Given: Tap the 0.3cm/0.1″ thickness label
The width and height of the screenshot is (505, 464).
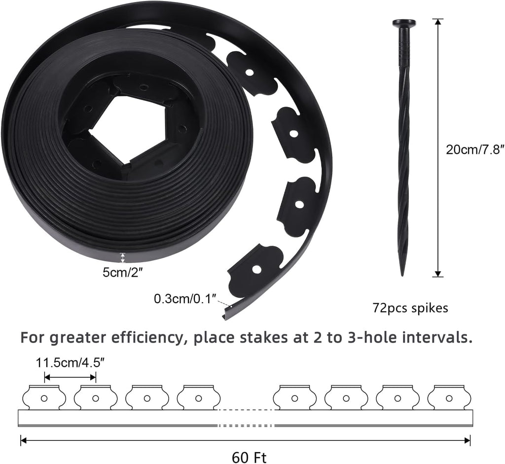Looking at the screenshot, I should click(x=185, y=299).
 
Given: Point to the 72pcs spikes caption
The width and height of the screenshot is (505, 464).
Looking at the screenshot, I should click(x=410, y=308).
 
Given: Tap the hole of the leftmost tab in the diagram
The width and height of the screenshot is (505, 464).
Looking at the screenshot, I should click(x=44, y=398).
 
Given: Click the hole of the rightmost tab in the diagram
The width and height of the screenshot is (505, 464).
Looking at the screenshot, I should click(x=449, y=398).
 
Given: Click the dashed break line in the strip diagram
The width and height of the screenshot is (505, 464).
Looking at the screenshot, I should click(x=245, y=410).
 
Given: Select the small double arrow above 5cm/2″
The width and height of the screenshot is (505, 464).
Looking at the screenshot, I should click(x=123, y=257).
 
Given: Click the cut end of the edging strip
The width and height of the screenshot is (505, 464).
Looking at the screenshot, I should click(x=226, y=314).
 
